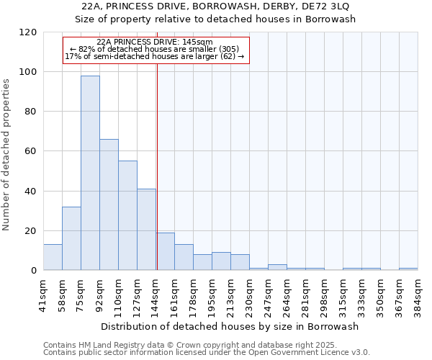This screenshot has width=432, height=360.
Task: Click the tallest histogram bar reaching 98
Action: [x=90, y=173]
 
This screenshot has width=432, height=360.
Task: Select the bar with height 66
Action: [x=109, y=204]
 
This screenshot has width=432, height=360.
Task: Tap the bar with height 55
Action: [x=127, y=215]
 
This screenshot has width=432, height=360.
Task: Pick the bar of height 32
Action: [x=71, y=238]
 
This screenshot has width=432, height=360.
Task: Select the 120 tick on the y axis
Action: [x=28, y=32]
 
